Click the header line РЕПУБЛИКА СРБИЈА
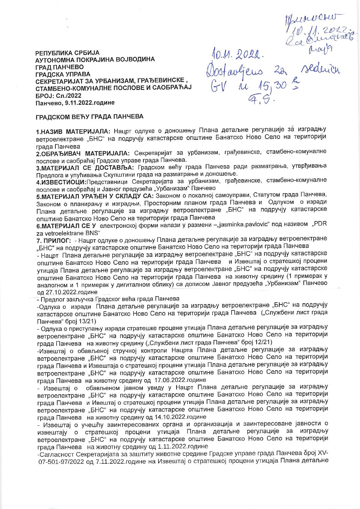coord(67,53)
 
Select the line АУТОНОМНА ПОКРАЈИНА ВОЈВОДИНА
coord(95,60)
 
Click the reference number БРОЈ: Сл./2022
coord(58,95)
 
